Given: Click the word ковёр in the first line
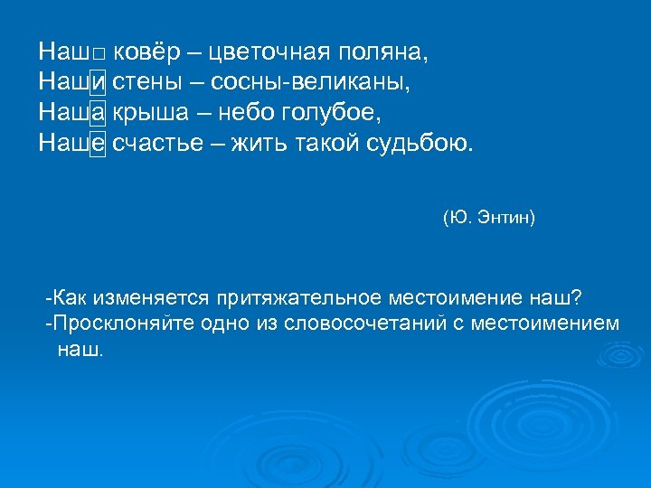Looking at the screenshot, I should click(143, 53).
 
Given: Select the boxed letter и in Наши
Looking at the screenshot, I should click(98, 83).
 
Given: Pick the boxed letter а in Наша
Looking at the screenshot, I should click(98, 113).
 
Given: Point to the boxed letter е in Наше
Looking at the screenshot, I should click(98, 143).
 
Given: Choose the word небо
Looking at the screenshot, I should click(256, 113).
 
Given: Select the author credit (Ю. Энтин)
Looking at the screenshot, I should click(489, 218).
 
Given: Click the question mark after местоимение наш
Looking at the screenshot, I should click(577, 297).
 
